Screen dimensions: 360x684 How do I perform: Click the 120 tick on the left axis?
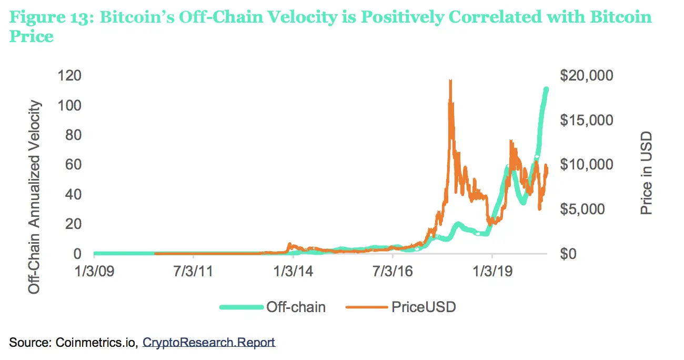(70, 76)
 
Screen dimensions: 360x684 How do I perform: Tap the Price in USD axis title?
(646, 173)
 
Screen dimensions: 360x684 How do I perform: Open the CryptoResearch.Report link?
(209, 343)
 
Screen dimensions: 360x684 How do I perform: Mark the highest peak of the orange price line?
(450, 81)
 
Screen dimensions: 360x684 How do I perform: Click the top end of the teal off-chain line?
(546, 89)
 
